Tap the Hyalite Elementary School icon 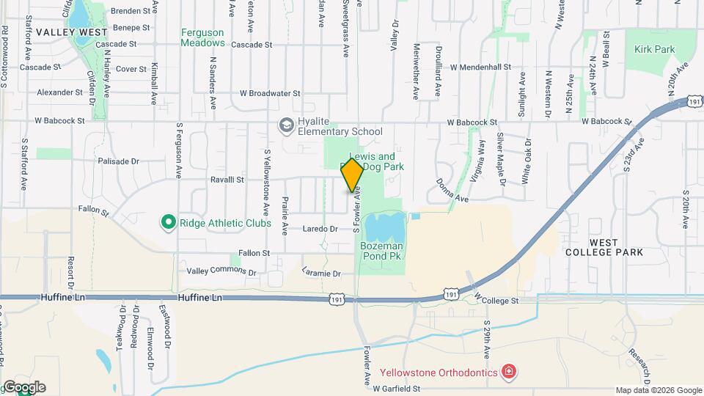(284, 126)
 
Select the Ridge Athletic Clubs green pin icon (168, 221)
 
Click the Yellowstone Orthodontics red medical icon (507, 373)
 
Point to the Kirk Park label (654, 49)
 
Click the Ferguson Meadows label (202, 37)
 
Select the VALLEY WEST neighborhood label (72, 32)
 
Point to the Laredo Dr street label (320, 229)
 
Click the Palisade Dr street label (118, 161)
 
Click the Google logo (23, 387)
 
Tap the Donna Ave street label (451, 191)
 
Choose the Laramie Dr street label (321, 274)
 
